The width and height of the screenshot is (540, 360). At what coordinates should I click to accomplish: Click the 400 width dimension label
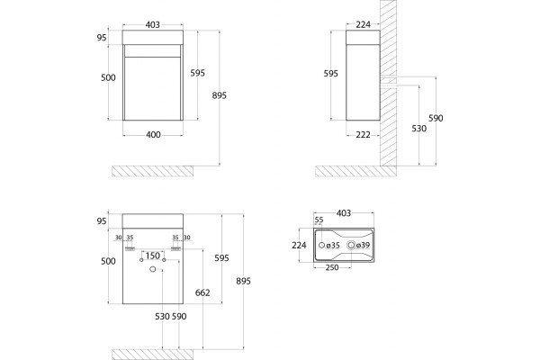(153, 135)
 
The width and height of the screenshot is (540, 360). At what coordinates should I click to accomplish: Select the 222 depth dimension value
(363, 135)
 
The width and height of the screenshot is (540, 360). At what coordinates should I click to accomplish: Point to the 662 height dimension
(202, 292)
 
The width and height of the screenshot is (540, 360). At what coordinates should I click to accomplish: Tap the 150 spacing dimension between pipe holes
(153, 256)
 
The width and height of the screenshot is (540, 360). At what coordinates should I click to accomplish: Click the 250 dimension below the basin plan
(332, 267)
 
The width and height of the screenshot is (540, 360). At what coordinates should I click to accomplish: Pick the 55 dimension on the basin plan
(319, 220)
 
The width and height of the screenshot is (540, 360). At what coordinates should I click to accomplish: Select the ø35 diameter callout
(333, 246)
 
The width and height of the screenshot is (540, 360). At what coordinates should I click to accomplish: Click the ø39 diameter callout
(363, 245)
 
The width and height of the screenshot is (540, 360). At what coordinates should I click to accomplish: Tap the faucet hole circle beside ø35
(321, 245)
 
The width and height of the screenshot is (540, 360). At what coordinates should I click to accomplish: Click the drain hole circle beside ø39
(351, 245)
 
